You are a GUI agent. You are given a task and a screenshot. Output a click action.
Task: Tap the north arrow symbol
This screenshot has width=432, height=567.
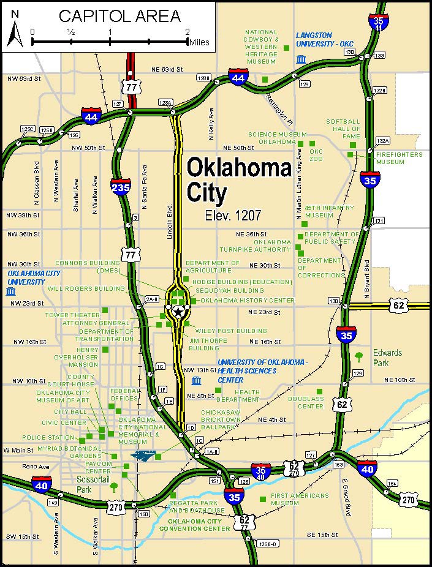tap(15, 32)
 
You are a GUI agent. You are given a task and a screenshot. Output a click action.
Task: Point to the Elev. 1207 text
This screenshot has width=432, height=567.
tap(233, 216)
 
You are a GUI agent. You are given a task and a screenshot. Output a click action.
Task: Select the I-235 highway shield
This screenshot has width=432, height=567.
tap(121, 186)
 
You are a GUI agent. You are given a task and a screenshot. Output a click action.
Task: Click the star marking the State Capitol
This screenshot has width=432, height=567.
tap(178, 312)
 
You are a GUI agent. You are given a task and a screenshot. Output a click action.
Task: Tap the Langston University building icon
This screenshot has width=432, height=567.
tap(301, 59)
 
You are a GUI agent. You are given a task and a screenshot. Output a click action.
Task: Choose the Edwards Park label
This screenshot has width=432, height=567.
tap(388, 358)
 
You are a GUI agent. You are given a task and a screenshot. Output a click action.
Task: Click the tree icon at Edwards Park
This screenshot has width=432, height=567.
tap(358, 356)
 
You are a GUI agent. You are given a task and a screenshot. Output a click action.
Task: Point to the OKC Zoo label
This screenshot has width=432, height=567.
tap(316, 155)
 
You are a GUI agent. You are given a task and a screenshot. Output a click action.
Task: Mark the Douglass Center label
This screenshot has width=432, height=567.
tap(306, 402)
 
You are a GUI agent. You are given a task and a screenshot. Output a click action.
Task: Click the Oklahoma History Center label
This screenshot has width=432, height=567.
tap(248, 300)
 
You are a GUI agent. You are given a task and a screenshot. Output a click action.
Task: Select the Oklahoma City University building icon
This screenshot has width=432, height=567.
tap(10, 291)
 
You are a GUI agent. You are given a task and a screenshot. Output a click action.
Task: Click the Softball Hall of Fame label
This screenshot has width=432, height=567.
tap(343, 129)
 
